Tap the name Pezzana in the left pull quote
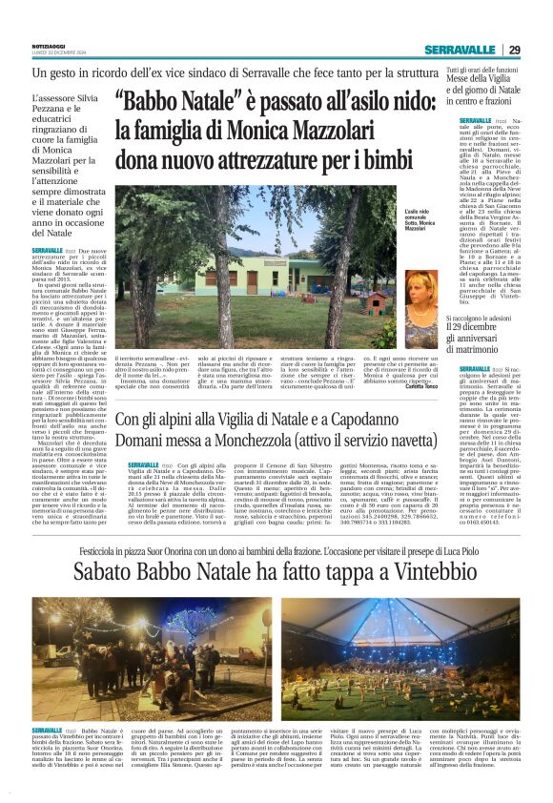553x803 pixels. [x=51, y=111]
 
